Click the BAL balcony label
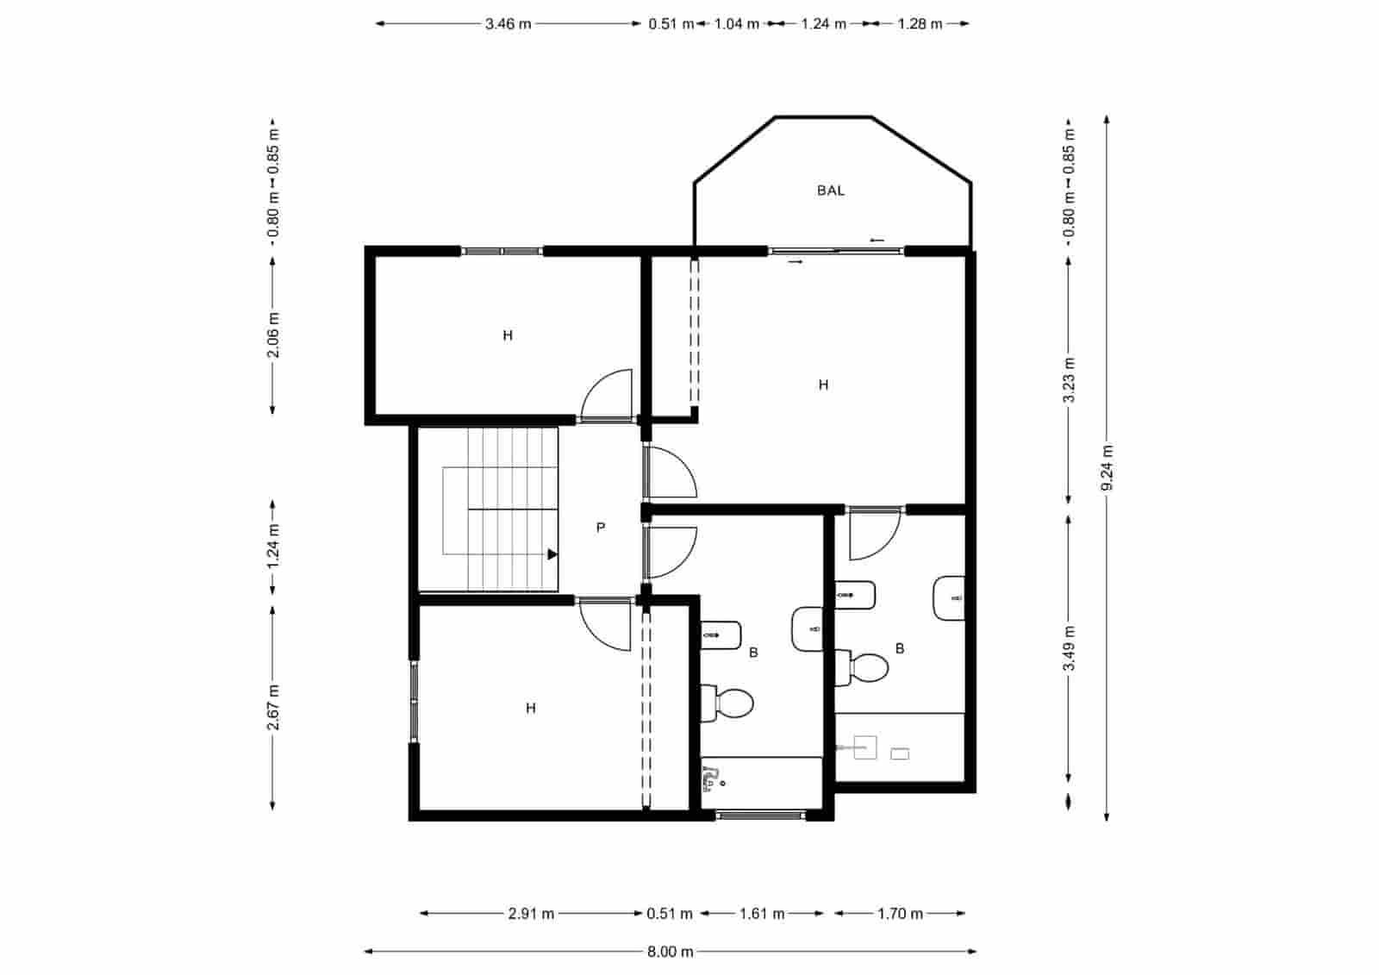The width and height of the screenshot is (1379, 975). pyautogui.click(x=831, y=191)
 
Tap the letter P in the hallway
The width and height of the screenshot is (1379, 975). pyautogui.click(x=601, y=527)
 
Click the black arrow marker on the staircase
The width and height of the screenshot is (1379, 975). pyautogui.click(x=552, y=554)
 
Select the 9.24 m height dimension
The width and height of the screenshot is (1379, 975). pyautogui.click(x=1107, y=468)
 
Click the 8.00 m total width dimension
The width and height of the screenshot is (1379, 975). pyautogui.click(x=670, y=952)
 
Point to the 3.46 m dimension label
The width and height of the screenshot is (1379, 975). pyautogui.click(x=507, y=24)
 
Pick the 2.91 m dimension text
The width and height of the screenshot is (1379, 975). pyautogui.click(x=531, y=913)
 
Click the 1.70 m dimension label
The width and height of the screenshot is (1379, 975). pyautogui.click(x=900, y=913)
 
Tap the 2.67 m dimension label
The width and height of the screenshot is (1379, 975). pyautogui.click(x=273, y=707)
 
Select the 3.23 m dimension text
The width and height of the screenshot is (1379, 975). pyautogui.click(x=1069, y=380)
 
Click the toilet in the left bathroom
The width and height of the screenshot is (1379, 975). pyautogui.click(x=728, y=703)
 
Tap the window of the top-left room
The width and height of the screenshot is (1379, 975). pyautogui.click(x=502, y=251)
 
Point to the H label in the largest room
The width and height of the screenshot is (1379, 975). pyautogui.click(x=823, y=384)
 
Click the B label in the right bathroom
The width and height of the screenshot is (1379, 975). pyautogui.click(x=900, y=648)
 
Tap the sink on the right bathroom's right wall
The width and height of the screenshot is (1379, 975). pyautogui.click(x=950, y=597)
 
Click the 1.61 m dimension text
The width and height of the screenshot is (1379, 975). pyautogui.click(x=762, y=913)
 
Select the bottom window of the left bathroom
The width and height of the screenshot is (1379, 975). pyautogui.click(x=760, y=815)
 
